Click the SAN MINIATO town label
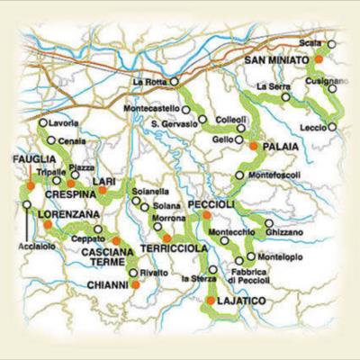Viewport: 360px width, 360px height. click(x=275, y=60)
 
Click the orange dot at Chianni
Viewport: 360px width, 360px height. click(x=135, y=284)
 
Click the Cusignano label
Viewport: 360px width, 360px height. click(x=325, y=80)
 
